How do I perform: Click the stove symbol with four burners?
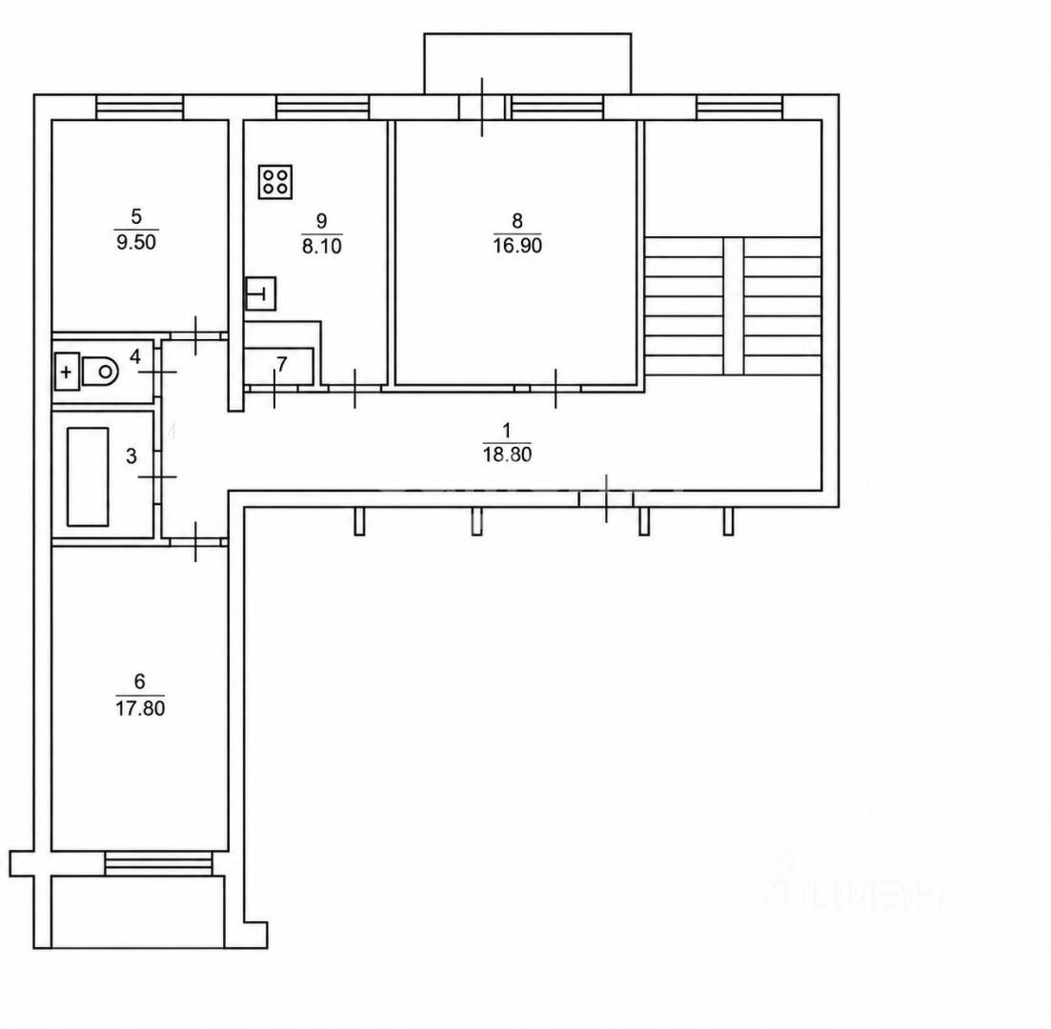(275, 182)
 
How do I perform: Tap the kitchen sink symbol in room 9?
(261, 293)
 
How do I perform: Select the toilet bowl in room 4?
(100, 371)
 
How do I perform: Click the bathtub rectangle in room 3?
(88, 476)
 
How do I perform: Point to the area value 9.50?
(136, 242)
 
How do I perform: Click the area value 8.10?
(322, 246)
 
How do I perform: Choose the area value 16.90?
(517, 246)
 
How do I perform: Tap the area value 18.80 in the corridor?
(507, 454)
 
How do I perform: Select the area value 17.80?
(140, 708)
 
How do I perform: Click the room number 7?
(281, 364)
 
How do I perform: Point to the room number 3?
(131, 456)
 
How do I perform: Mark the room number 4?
(135, 356)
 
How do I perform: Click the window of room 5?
(139, 108)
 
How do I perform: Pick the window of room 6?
(158, 863)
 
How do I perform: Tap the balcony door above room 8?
(482, 108)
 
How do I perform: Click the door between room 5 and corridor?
(195, 335)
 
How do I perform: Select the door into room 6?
(195, 541)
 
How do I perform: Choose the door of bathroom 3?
(158, 476)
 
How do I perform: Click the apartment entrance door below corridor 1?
(607, 498)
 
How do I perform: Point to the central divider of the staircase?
(734, 306)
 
